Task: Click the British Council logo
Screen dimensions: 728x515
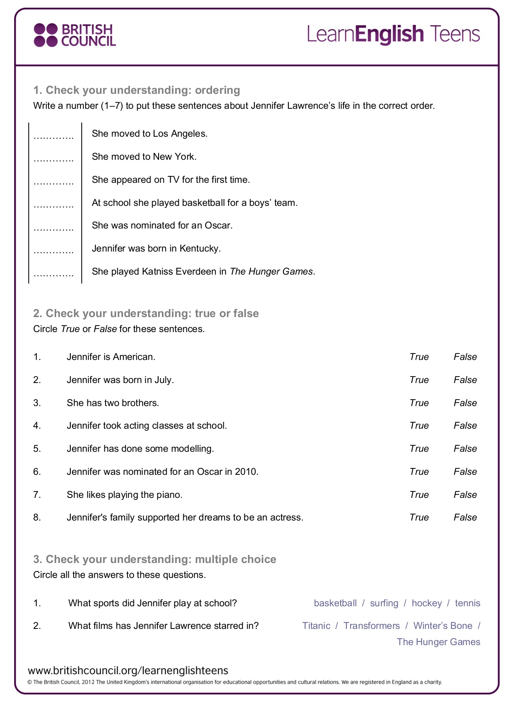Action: [75, 35]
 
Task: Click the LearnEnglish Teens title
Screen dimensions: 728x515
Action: [393, 34]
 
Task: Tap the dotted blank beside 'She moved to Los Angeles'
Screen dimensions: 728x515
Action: [54, 136]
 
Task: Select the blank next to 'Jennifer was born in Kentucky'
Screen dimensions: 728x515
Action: [54, 251]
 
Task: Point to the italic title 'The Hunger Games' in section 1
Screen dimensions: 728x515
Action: [271, 271]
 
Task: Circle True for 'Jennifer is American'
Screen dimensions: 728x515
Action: [419, 357]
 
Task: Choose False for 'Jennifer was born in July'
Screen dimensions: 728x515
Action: [465, 380]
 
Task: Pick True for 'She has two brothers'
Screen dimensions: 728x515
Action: [419, 403]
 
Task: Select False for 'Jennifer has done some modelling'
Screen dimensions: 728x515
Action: [465, 449]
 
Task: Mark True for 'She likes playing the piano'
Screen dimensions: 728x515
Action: [419, 495]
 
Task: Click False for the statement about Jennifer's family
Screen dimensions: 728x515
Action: [465, 517]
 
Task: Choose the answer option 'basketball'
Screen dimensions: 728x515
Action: [335, 603]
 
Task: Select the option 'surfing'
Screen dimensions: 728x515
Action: [384, 603]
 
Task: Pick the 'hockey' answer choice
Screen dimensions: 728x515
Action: [426, 603]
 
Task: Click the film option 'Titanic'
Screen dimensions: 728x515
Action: [316, 626]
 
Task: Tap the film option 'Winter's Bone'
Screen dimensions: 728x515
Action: [443, 626]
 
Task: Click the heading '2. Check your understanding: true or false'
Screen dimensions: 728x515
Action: [146, 313]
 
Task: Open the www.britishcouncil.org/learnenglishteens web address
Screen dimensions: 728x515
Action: [128, 671]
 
